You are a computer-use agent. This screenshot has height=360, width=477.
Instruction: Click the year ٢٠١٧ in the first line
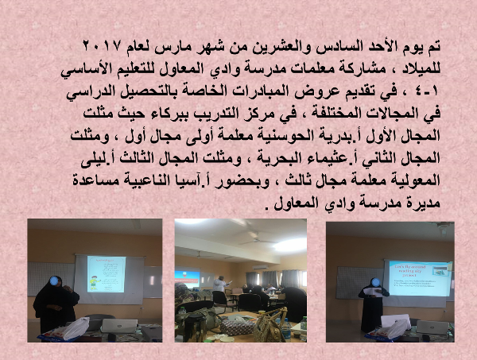click(103, 46)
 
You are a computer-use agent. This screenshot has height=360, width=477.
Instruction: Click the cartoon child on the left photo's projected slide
click(94, 283)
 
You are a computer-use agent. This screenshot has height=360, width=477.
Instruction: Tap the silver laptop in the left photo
click(119, 326)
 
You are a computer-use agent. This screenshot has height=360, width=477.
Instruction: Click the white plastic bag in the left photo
click(76, 328)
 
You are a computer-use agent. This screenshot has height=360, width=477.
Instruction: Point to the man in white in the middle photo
click(219, 284)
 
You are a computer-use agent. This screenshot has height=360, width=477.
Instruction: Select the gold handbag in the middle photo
click(270, 327)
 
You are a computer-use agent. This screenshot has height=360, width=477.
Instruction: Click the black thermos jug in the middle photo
click(195, 327)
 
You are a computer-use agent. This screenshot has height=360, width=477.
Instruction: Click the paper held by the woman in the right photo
click(372, 292)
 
